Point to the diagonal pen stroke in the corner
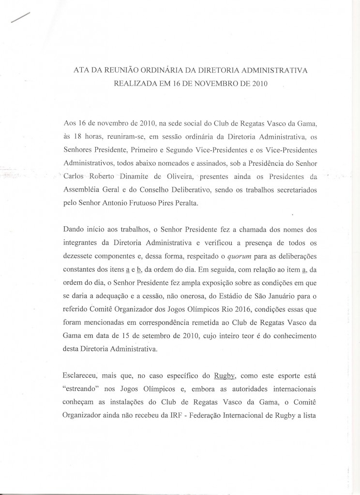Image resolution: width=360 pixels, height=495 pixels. [19, 17]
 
